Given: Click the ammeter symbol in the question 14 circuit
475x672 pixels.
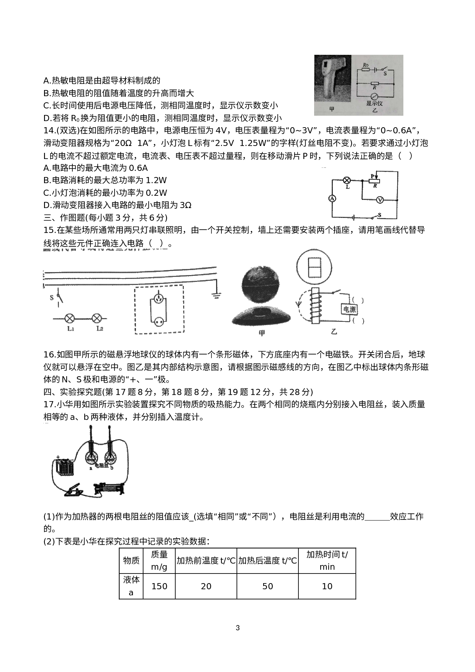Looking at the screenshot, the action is [332, 198].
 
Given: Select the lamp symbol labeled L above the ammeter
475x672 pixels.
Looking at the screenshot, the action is [347, 180].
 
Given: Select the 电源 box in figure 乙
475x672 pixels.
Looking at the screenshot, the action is [349, 310].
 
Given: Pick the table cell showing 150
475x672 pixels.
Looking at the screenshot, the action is [159, 586].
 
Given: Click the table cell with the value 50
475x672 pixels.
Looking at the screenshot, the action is [267, 586].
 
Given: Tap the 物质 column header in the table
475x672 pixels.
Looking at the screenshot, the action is [131, 561].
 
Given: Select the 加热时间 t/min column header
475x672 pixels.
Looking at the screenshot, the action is [327, 561].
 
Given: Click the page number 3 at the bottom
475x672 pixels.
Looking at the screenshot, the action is [237, 628].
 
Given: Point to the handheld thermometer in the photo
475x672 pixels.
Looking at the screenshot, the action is [331, 80].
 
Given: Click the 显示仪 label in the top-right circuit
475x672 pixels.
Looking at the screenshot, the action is [374, 103].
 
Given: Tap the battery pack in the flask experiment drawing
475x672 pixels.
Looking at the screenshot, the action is [65, 467].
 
